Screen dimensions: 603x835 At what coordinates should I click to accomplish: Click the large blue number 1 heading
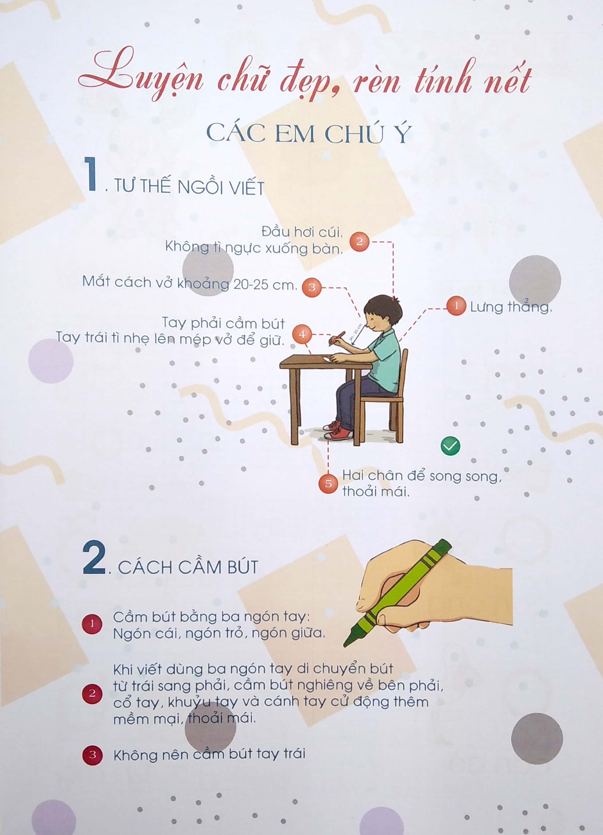(90, 174)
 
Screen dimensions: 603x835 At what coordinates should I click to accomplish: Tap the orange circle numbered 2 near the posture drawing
(359, 242)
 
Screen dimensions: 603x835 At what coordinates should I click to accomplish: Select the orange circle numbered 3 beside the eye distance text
(311, 287)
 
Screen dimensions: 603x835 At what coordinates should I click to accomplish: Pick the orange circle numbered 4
(302, 334)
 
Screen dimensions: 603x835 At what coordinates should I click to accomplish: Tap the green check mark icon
(450, 446)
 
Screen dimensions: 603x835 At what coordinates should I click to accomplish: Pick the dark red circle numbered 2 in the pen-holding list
(92, 693)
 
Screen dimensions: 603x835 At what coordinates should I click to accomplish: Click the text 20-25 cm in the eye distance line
(265, 285)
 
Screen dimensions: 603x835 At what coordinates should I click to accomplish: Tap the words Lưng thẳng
(511, 307)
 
